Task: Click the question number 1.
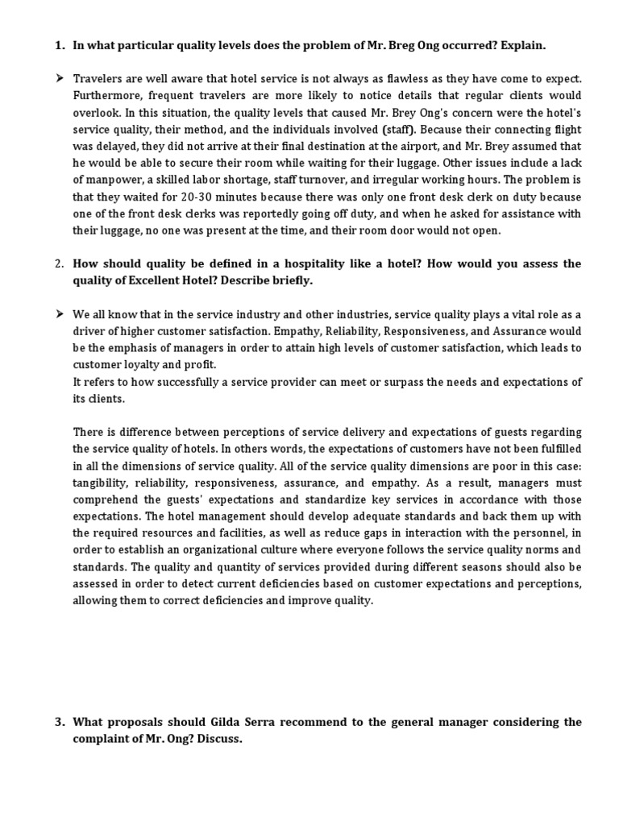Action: click(59, 46)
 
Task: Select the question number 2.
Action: click(59, 263)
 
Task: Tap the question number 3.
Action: click(59, 722)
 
